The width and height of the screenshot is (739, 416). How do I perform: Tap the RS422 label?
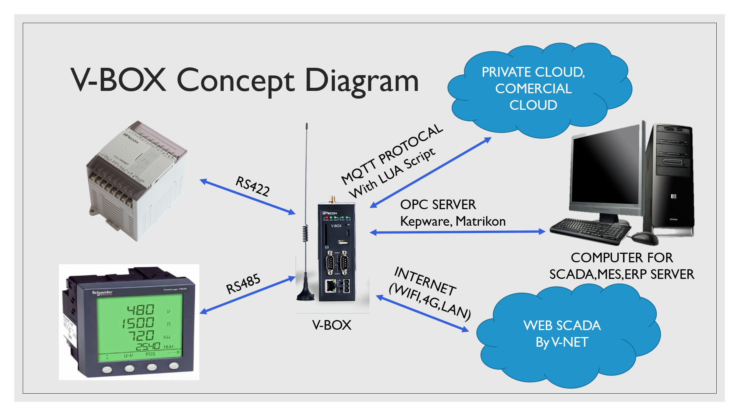click(252, 186)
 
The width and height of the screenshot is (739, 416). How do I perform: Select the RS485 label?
click(243, 284)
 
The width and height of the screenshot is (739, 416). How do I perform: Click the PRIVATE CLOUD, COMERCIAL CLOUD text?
click(533, 89)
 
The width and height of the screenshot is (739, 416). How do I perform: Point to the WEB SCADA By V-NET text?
click(562, 334)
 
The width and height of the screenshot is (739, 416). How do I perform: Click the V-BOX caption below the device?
click(331, 325)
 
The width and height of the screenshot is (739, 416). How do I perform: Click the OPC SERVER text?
click(438, 205)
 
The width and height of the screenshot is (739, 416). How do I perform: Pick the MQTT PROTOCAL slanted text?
click(392, 154)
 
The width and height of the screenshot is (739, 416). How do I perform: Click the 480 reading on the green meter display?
click(141, 310)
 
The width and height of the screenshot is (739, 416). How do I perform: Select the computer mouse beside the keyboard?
click(644, 238)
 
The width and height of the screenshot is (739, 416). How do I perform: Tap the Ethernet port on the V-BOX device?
click(330, 285)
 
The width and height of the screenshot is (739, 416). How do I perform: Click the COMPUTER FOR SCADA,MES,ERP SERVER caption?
click(621, 266)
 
